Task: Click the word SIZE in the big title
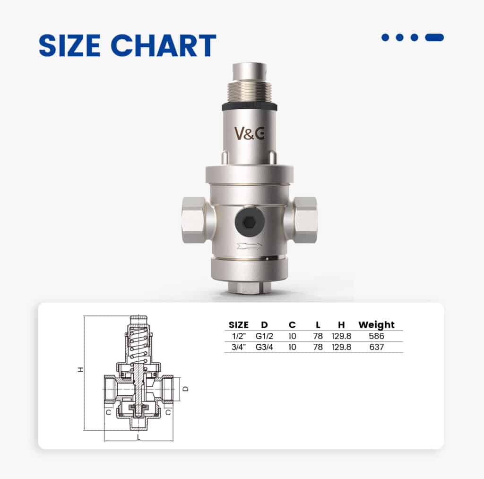tap(71, 46)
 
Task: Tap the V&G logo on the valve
tap(250, 133)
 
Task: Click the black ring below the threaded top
tap(249, 107)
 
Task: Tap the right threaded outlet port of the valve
tap(304, 219)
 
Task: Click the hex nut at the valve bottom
tap(249, 287)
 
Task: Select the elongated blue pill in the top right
tap(434, 37)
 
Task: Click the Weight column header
tap(376, 325)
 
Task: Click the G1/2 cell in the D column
tap(264, 336)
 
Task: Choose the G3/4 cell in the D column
tap(264, 347)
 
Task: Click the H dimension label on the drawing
tap(81, 370)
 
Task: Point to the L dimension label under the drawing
tap(138, 437)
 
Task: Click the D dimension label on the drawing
tap(185, 389)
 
